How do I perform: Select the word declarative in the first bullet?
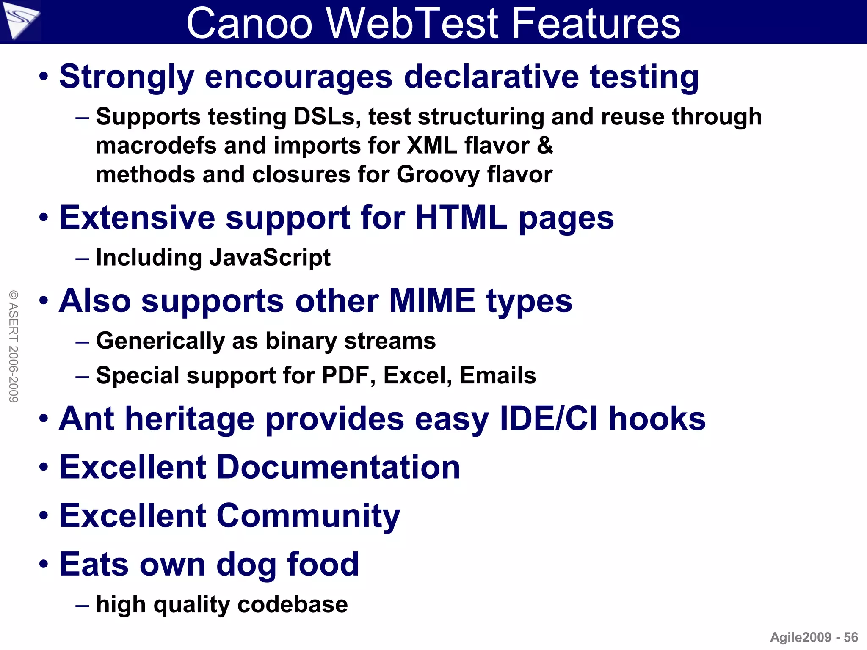coord(491,77)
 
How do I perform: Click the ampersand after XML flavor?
coord(545,145)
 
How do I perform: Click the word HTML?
coord(461,218)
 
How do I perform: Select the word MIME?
coord(432,301)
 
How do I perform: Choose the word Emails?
coord(497,375)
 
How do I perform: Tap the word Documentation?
coord(338,467)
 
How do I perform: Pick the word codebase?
coord(293,604)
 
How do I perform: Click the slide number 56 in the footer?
coord(851,637)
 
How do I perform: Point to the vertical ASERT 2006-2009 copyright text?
coord(14,346)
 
